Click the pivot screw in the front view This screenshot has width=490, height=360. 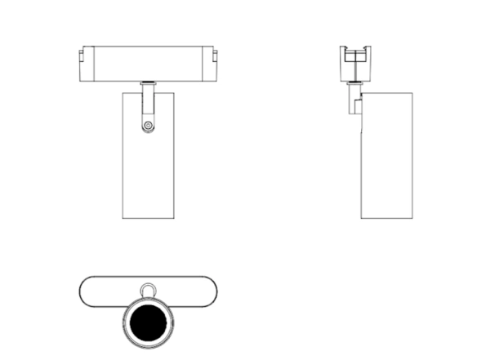click(148, 126)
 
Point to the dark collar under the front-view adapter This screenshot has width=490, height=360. click(148, 82)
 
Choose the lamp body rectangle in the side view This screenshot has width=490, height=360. click(387, 155)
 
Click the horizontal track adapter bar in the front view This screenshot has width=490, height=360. click(148, 64)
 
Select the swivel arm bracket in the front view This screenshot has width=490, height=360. click(148, 106)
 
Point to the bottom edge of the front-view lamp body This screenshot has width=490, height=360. click(148, 218)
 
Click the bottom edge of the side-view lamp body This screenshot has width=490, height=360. click(387, 218)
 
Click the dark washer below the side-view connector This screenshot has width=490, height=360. click(356, 82)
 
